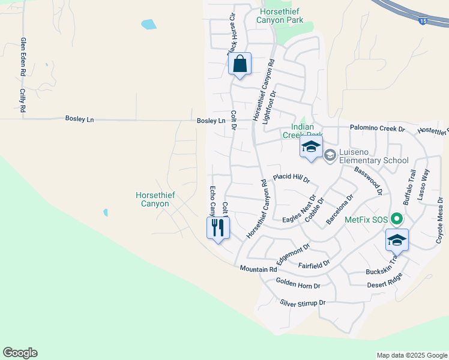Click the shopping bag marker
240,64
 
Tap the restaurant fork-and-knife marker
218,228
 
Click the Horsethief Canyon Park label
280,16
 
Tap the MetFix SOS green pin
396,220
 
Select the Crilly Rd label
22,101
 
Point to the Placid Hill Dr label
291,178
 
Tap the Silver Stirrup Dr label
303,303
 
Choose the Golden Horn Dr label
298,283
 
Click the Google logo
20,353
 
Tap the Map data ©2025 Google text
411,355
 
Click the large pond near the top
148,25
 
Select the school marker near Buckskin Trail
397,241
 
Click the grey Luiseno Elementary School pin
330,155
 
